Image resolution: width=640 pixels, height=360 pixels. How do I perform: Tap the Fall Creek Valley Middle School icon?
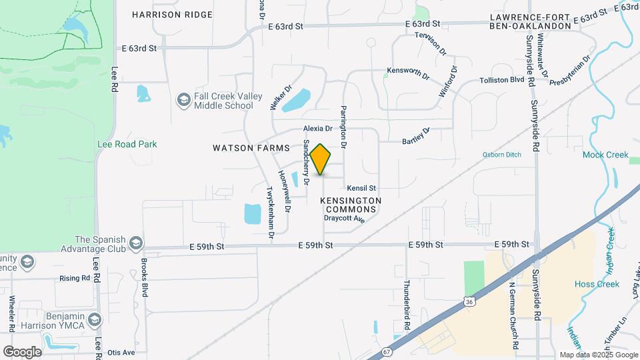[183, 101]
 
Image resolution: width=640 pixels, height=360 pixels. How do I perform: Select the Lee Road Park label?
[126, 144]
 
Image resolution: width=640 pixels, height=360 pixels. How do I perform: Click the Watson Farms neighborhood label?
[251, 148]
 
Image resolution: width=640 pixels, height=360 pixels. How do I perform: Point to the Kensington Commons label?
[351, 205]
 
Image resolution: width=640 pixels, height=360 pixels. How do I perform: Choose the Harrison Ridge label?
[172, 14]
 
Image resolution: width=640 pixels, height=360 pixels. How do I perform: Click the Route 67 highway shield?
[387, 351]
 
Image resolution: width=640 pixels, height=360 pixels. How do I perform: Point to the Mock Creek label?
[605, 155]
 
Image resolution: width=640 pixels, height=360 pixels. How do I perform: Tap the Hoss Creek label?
[597, 284]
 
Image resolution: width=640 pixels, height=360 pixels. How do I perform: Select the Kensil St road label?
[361, 188]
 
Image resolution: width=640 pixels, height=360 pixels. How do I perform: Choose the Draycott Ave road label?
[345, 218]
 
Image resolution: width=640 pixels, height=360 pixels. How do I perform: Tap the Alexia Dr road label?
[317, 128]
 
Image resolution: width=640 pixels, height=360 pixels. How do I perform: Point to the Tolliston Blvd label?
[502, 80]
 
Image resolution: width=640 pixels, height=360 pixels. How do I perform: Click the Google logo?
[22, 351]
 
